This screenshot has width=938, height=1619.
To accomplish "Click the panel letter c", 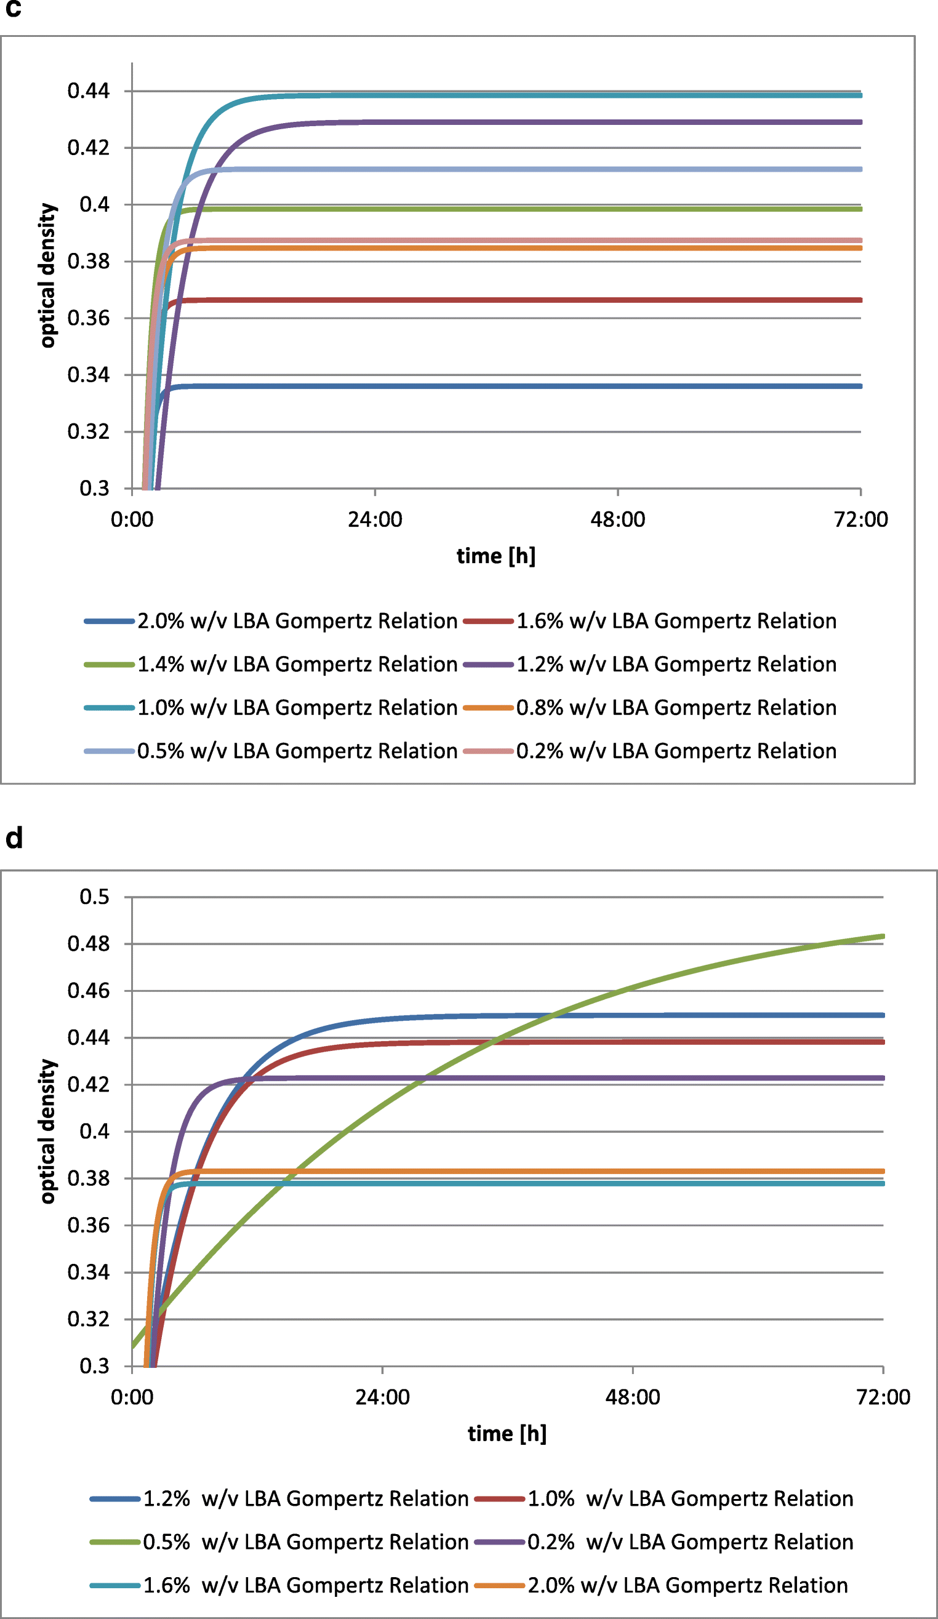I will pos(13,9).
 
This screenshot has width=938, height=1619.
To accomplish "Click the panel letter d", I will pos(14,838).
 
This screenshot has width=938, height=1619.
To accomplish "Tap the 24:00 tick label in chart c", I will pos(375,519).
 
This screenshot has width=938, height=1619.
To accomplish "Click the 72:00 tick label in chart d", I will pos(883,1397).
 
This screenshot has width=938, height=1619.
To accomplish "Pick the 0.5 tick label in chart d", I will pos(94,897).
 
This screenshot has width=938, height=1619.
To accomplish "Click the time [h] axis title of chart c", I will pos(495,556).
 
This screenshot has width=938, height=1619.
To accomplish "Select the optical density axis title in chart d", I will pos(47,1132).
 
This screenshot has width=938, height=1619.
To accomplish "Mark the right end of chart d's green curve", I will pos(883,936).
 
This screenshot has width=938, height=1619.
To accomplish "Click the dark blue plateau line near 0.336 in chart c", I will pos(514,386).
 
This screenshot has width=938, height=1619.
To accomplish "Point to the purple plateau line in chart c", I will pos(514,122).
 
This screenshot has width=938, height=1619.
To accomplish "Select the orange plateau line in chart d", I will pos(514,1171).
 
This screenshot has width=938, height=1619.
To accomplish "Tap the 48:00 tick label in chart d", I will pos(632,1397).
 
